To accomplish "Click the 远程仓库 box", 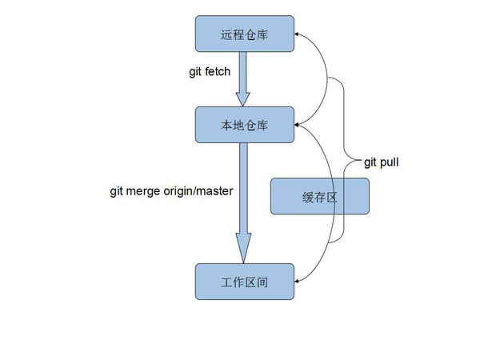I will (244, 35).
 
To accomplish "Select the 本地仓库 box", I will (244, 125).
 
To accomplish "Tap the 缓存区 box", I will (320, 197).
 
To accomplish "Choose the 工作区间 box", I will (244, 282).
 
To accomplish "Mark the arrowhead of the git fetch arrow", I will (244, 98).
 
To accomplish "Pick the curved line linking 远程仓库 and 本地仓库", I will (327, 80).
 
